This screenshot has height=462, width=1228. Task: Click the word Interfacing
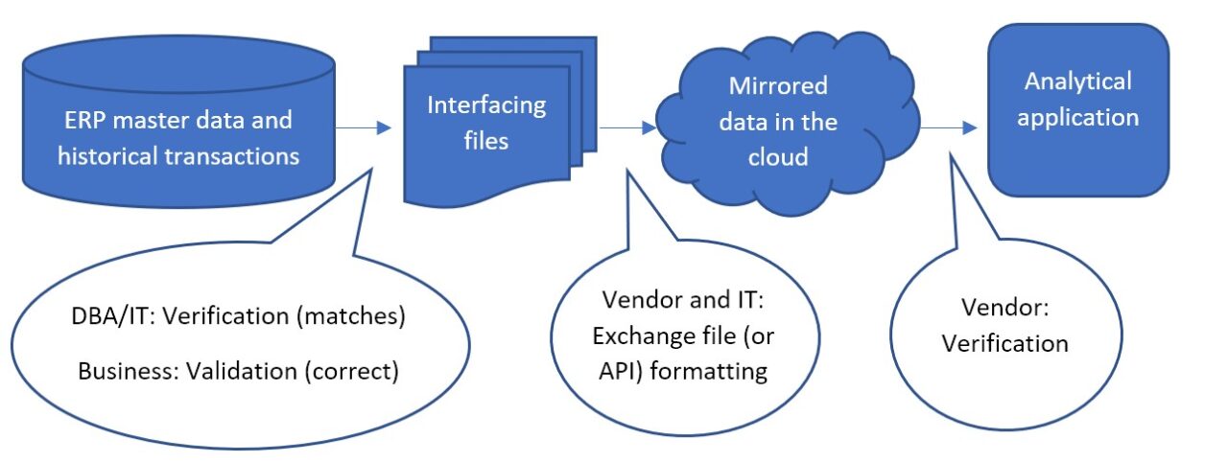[x=486, y=104]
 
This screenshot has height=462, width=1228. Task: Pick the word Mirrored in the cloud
[x=777, y=86]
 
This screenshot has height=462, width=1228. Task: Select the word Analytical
[x=1078, y=81]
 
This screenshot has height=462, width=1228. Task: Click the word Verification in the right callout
[x=1004, y=342]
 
